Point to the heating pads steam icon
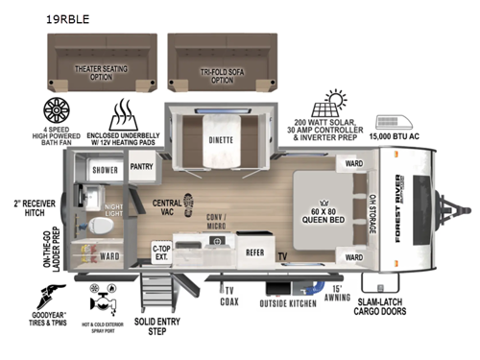(128, 113)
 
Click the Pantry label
(142, 166)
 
